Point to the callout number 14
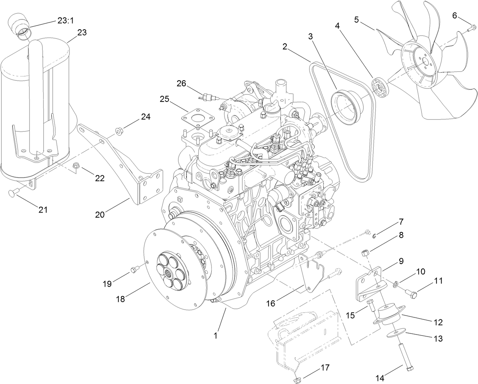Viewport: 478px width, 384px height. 380,378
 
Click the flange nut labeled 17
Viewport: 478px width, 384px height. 297,379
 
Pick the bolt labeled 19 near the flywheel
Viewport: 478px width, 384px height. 134,270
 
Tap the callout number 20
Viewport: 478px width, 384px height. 100,214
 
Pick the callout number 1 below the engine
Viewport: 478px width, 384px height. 216,335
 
